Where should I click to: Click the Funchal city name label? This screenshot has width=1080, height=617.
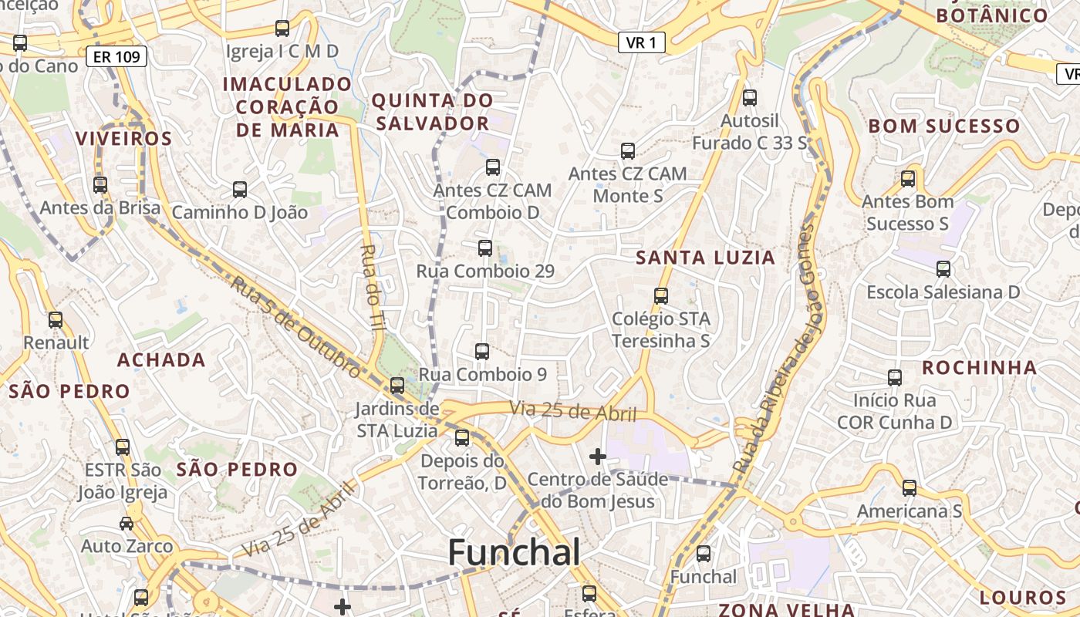pos(514,553)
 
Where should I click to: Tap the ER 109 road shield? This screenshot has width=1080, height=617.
pos(116,56)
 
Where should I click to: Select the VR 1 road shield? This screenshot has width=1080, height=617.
pos(641,42)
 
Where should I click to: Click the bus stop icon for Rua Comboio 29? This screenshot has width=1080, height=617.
pos(485,248)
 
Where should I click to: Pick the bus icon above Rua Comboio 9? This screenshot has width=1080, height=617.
pos(482,352)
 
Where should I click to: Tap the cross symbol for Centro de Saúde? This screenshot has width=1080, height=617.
pos(597,457)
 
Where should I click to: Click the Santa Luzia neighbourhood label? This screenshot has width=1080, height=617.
pos(705,258)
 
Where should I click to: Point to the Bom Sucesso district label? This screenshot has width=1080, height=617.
pos(944,126)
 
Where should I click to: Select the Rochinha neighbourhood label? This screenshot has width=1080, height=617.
pos(979,367)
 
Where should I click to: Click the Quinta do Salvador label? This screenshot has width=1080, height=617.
pos(432,112)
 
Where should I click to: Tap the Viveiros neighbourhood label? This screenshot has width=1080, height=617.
pos(123,139)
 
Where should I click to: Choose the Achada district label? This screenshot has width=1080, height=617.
pos(161,359)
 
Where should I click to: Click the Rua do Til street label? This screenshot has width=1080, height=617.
pos(373,287)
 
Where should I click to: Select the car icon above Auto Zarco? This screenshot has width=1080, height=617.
pos(127,524)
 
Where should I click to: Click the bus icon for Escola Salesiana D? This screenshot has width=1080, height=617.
pos(943,269)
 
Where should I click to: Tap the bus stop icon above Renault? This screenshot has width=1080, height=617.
pos(56,320)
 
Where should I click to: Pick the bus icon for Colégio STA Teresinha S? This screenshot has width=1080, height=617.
pos(660,295)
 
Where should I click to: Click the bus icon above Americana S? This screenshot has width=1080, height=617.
pos(910,488)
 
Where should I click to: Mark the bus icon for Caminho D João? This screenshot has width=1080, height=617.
pos(240,189)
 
